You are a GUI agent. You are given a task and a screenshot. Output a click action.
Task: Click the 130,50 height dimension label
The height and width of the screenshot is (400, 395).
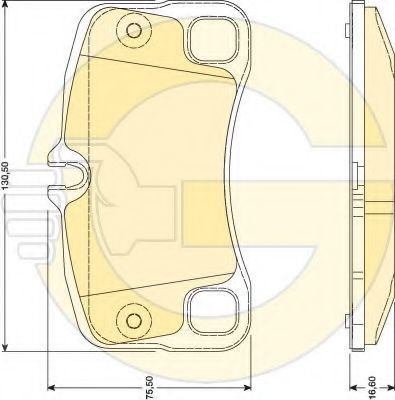tap(6, 181)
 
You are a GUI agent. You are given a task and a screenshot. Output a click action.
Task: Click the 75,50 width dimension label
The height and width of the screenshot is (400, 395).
tap(150, 387)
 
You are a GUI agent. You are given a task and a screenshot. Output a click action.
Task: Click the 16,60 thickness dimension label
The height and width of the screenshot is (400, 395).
tap(372, 387)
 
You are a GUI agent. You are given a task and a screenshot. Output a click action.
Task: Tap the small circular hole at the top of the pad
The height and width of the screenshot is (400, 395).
tap(134, 31)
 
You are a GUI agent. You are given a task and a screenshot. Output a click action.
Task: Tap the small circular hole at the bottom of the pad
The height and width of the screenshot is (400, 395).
tap(134, 321)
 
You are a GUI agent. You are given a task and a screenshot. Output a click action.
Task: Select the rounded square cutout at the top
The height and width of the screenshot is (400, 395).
tap(213, 39)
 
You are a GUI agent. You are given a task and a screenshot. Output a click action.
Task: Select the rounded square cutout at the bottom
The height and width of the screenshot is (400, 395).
tap(213, 312)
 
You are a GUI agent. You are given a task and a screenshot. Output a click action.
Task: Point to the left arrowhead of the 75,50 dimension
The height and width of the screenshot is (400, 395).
tap(52, 387)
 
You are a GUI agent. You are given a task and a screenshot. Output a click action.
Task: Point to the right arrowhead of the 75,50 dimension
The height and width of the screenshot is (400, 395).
tap(247, 387)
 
